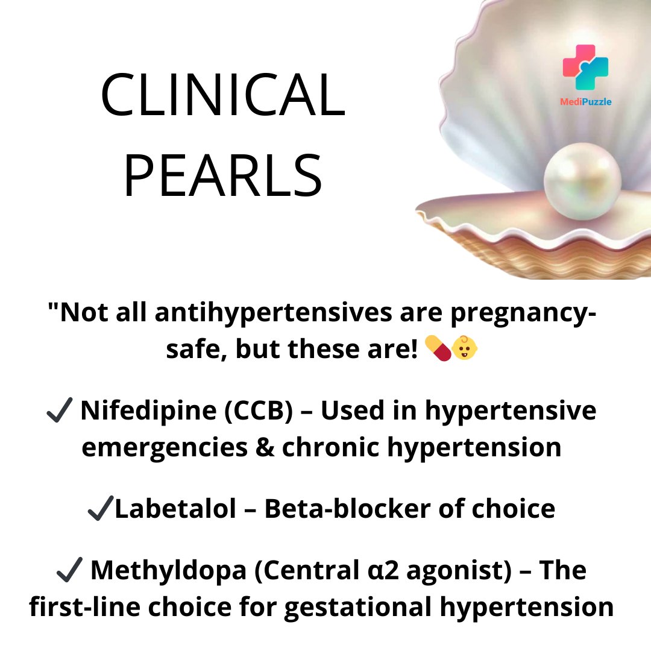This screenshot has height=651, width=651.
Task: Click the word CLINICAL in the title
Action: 222,97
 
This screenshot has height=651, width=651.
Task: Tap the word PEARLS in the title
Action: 222,175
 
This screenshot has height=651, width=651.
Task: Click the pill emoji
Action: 438,349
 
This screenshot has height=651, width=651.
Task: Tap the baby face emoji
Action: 465,349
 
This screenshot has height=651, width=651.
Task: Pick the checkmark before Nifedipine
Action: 59,412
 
